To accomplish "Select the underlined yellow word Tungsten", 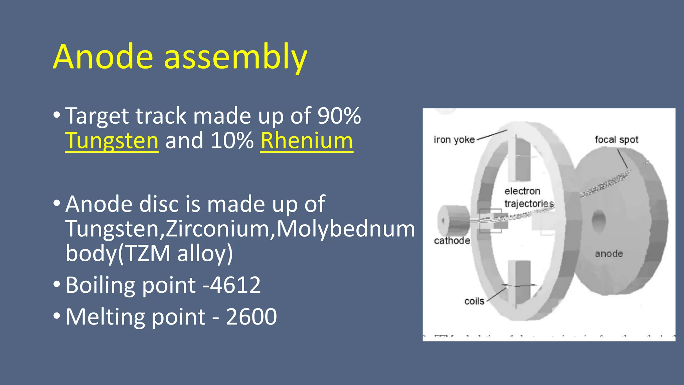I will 112,141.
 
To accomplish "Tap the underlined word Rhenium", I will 307,141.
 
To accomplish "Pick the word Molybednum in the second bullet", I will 346,229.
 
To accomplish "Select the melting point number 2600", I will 251,316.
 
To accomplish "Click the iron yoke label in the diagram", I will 454,140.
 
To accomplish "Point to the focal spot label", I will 616,140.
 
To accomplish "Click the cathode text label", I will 452,241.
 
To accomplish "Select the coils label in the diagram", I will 474,301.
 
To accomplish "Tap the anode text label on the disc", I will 609,254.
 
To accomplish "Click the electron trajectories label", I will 529,197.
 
